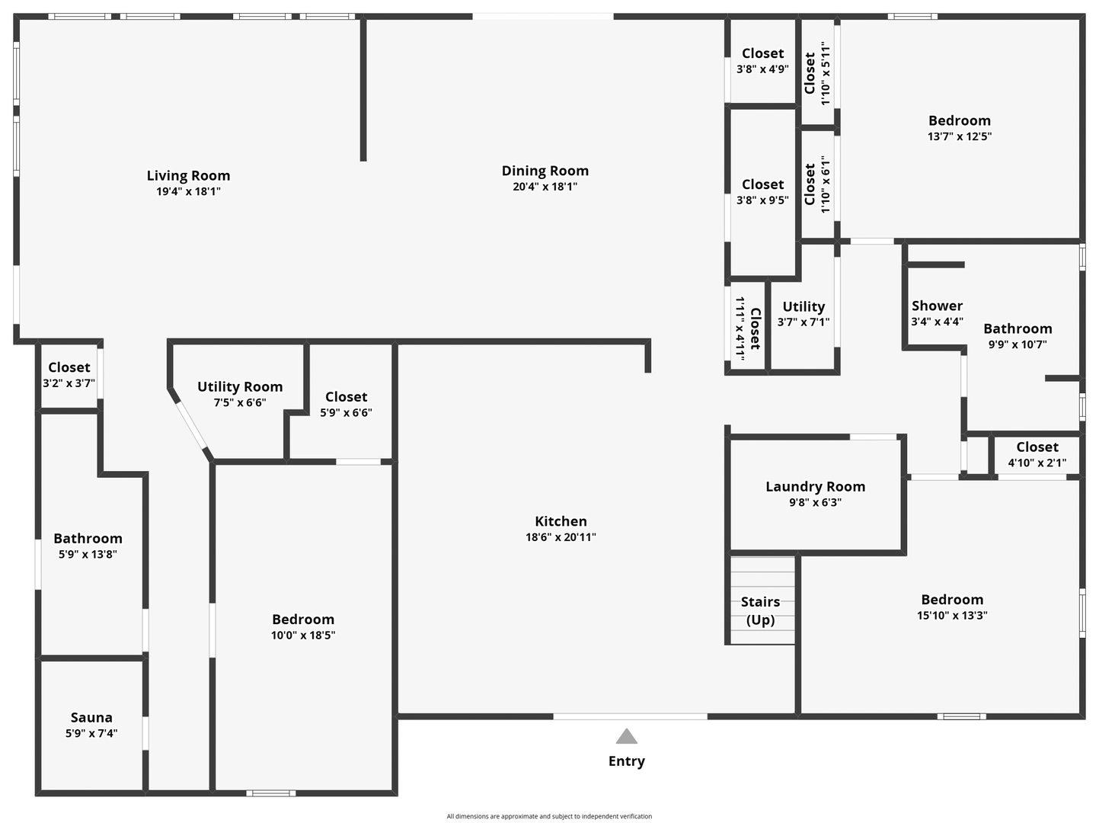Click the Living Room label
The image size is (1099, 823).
(188, 176)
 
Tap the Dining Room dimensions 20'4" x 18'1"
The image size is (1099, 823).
(545, 187)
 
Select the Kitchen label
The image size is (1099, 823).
(561, 521)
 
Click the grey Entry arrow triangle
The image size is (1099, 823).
(626, 736)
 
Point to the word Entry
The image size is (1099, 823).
(626, 761)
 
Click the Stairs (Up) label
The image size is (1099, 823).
(760, 610)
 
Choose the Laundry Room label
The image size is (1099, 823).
(815, 487)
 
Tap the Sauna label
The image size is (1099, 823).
(91, 718)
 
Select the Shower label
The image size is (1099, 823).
(937, 306)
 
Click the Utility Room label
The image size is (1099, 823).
(240, 387)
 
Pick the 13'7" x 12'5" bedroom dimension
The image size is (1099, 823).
(959, 137)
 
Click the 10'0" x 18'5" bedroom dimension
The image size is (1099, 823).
(303, 636)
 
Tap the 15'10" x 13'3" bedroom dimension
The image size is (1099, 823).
(952, 616)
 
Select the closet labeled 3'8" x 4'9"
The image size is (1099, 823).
(762, 61)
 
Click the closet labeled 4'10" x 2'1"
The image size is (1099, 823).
(1037, 454)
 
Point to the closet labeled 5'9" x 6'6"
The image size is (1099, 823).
(346, 404)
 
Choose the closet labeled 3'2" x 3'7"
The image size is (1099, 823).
(69, 375)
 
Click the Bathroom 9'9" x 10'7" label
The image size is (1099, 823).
(1018, 335)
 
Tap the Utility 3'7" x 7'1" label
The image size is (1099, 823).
(803, 313)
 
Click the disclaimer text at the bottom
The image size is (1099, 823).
(549, 816)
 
